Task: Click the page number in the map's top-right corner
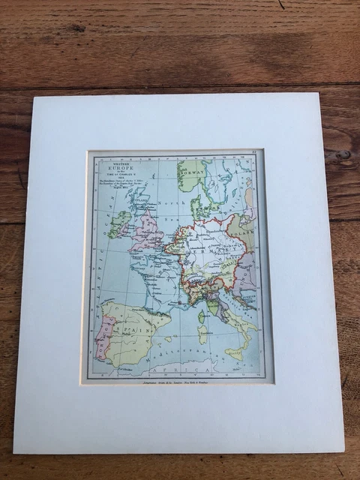[x=254, y=155]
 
